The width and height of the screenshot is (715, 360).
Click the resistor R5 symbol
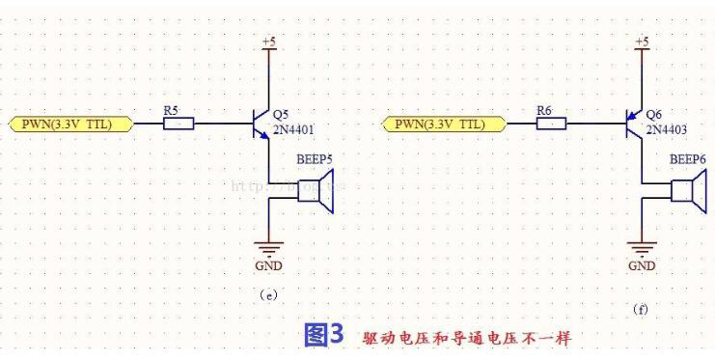pos(179,124)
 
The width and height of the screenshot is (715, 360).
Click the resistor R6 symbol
pos(551,124)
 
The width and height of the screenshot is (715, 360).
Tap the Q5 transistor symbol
pos(260,124)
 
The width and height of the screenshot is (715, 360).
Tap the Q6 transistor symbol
pos(632,124)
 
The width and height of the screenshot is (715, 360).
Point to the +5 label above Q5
pos(269,42)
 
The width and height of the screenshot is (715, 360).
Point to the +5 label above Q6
pos(642,42)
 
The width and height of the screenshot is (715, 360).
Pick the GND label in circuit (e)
pos(269,263)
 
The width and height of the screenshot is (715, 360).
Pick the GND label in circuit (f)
pos(642,263)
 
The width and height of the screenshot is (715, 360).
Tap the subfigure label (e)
pos(269,295)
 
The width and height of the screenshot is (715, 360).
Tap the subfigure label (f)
pos(641,310)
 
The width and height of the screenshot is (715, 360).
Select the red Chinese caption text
pos(467,338)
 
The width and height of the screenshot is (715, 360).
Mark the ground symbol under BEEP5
pos(269,247)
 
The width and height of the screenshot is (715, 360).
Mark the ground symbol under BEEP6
pos(642,247)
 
